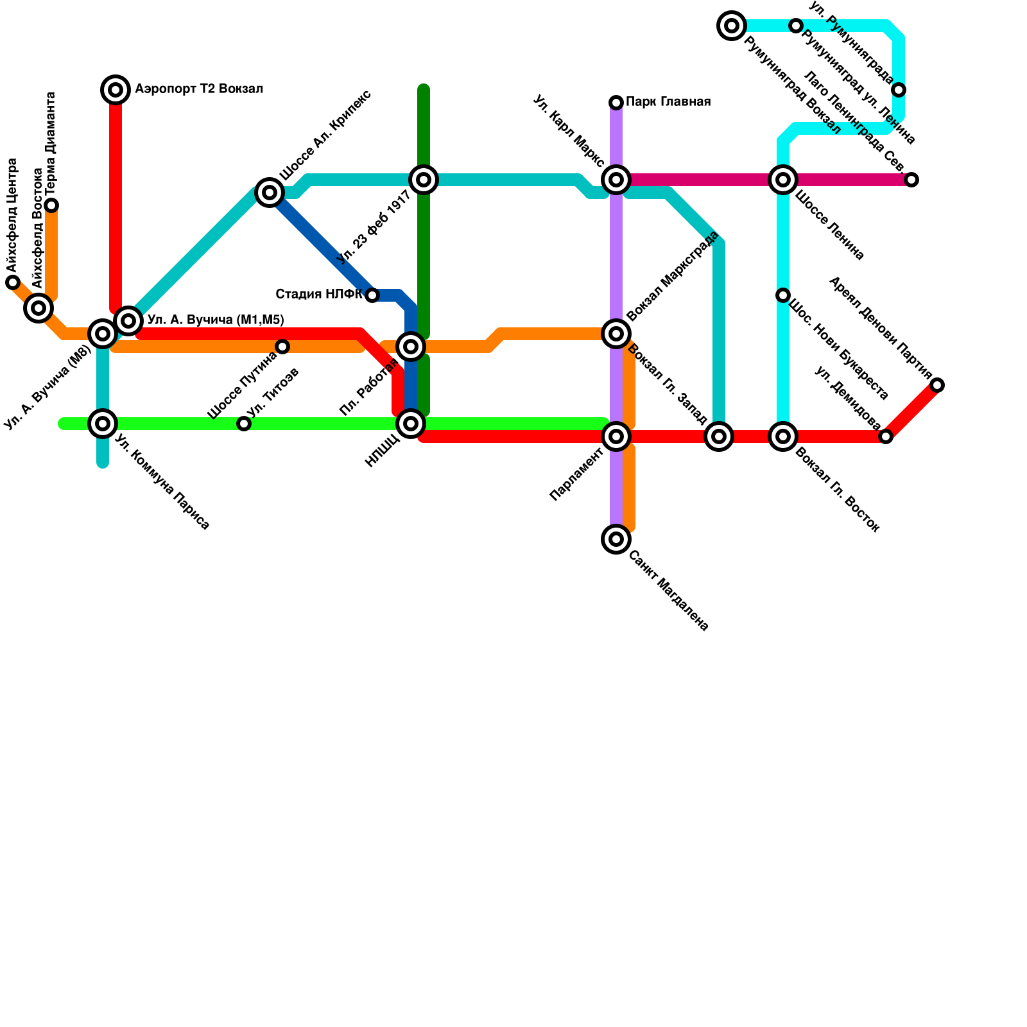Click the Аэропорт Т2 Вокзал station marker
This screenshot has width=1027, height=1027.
(116, 90)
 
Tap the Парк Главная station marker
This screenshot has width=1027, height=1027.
(616, 103)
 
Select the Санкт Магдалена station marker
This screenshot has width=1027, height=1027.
(616, 539)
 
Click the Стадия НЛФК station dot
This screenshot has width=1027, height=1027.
(372, 295)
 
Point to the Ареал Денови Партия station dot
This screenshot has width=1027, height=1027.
(937, 385)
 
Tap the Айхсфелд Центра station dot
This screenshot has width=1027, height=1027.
(13, 282)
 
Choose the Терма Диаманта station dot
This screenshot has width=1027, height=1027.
(51, 205)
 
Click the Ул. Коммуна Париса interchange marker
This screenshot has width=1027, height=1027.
(103, 424)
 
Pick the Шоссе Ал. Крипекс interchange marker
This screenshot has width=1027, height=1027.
(270, 193)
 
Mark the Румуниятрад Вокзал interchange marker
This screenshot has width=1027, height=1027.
(732, 26)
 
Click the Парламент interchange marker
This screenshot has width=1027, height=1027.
(616, 436)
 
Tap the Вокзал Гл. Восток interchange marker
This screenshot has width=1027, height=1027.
(783, 436)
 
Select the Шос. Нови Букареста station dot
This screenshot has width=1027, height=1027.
(783, 295)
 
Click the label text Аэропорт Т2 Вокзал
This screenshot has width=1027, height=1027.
(199, 89)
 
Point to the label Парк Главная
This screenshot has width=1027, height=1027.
(668, 102)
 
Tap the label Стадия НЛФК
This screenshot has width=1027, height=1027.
(319, 295)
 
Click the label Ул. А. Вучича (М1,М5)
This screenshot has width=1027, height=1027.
(216, 320)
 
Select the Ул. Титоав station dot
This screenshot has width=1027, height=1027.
(244, 424)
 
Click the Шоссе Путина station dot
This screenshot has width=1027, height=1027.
(282, 347)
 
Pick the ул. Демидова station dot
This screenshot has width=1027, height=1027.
(886, 436)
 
